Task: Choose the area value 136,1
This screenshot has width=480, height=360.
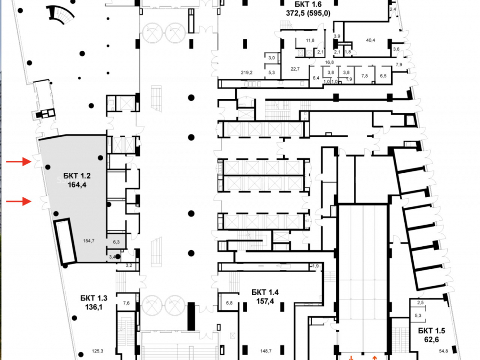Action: tap(94, 307)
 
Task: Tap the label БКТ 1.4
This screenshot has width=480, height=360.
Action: tap(264, 292)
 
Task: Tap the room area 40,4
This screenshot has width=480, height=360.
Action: tap(371, 40)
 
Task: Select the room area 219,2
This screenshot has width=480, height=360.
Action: tap(246, 72)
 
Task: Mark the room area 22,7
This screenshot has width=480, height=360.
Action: tap(295, 69)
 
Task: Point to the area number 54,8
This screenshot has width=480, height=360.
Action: tap(443, 351)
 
